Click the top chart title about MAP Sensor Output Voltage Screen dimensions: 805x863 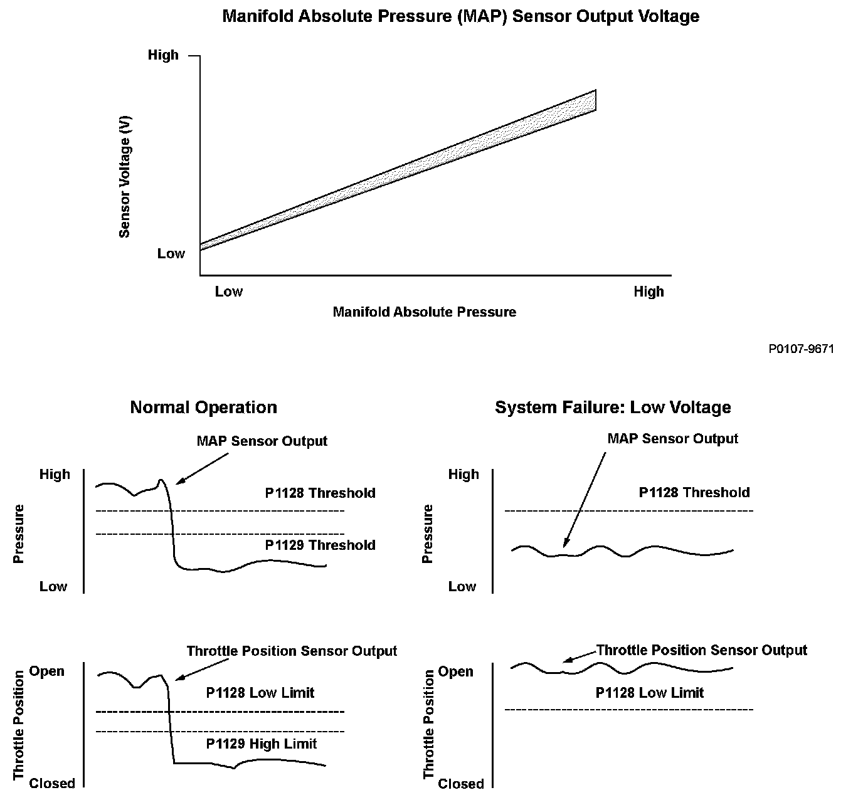point(461,16)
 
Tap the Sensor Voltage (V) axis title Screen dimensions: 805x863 point(125,177)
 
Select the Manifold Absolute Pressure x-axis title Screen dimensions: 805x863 point(424,312)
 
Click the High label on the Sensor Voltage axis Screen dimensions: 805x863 point(163,55)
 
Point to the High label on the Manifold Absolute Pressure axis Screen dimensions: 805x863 point(649,292)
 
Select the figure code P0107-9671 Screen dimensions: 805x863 point(801,349)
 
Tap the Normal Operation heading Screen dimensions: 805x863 point(203,408)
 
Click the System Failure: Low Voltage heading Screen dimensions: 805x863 point(613,408)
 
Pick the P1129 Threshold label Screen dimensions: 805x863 point(320,545)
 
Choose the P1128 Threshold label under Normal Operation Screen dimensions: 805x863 point(320,493)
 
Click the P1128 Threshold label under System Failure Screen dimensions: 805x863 point(694,493)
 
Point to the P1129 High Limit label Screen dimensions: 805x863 point(262,744)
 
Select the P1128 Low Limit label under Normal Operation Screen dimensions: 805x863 point(260,693)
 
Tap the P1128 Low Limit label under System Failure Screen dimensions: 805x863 point(650,693)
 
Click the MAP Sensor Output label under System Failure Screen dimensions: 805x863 point(672,439)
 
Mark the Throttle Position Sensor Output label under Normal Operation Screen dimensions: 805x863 point(292,651)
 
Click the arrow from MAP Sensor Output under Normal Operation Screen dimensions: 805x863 point(202,468)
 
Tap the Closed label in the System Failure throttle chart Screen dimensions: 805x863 point(460,784)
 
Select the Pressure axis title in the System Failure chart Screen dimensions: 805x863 point(428,534)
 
